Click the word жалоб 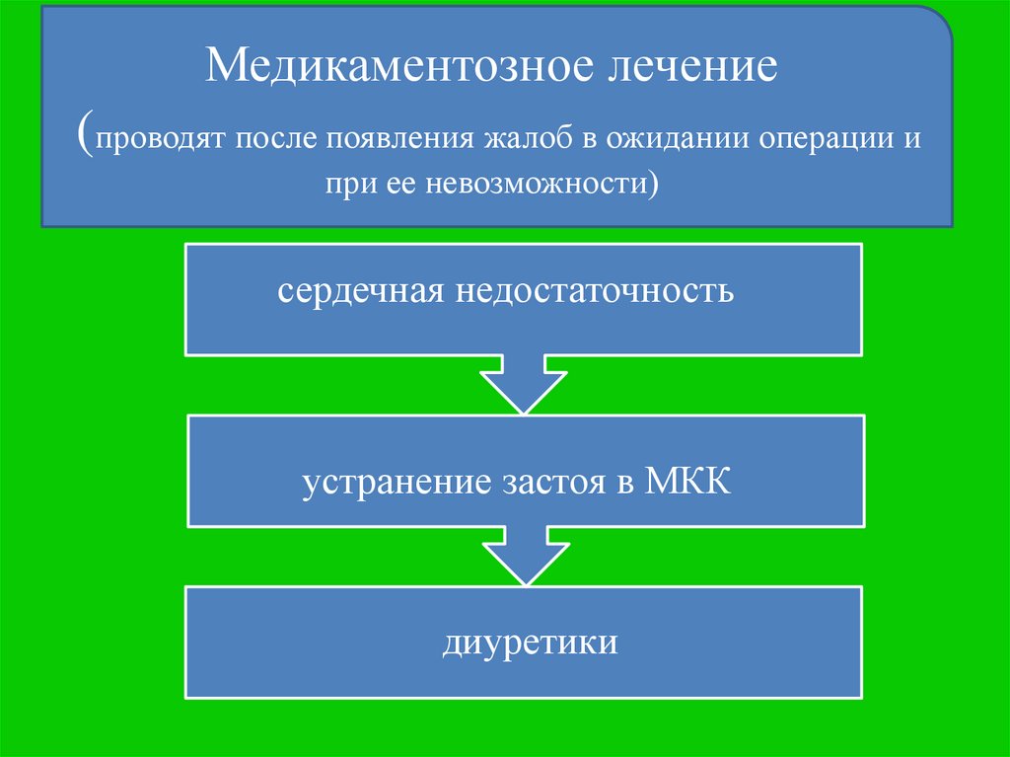pos(526,138)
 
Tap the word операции pos(826,138)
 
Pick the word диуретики pos(531,643)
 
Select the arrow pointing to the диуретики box pos(524,558)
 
